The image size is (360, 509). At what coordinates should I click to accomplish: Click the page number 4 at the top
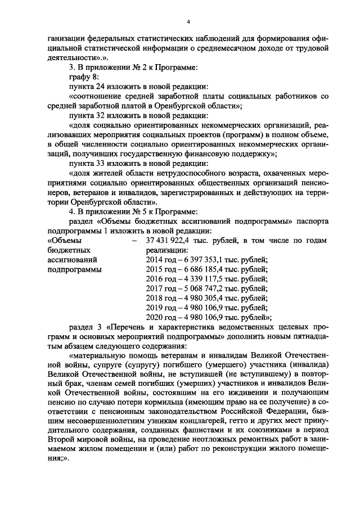pos(188,21)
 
